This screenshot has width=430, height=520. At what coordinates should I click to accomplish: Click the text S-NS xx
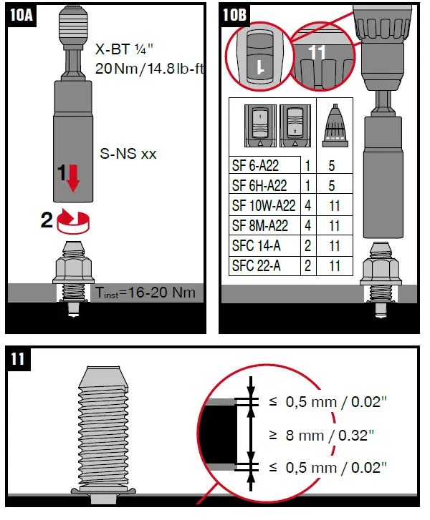coord(128,153)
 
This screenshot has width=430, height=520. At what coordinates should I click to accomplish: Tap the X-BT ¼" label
coord(122,50)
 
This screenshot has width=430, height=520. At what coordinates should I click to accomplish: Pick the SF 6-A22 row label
coord(255,166)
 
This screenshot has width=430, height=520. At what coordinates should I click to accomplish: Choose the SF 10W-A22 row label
coord(264,206)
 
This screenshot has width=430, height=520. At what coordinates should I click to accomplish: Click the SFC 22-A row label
coord(256,266)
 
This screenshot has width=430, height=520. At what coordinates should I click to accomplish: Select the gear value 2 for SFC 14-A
coord(307,246)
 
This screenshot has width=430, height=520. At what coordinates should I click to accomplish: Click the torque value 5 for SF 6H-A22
coord(333,186)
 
